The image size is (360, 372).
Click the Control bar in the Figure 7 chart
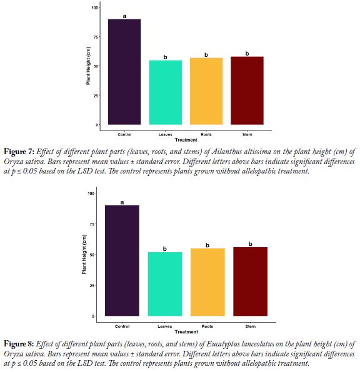(x=124, y=72)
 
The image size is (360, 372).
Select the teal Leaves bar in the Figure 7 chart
(x=166, y=92)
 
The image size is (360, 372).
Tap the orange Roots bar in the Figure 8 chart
(x=207, y=282)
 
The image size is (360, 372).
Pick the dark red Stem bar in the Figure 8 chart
(x=250, y=281)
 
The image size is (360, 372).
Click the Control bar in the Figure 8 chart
(x=122, y=261)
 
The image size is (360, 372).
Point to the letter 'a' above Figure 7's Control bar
(x=124, y=16)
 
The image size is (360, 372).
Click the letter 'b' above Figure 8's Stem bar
(x=250, y=244)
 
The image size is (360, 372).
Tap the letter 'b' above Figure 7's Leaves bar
(x=166, y=57)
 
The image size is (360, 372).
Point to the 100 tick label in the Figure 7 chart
(x=94, y=7)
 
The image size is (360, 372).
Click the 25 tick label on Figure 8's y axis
(x=92, y=285)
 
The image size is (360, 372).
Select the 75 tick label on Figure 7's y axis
(x=95, y=37)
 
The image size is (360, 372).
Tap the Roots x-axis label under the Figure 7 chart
(x=206, y=135)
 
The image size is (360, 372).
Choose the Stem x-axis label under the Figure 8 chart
(x=251, y=326)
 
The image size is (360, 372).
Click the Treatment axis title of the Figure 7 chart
(x=186, y=140)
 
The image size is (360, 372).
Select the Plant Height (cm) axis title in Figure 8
(x=84, y=254)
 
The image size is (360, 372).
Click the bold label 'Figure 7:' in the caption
(x=19, y=152)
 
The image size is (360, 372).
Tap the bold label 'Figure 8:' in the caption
(x=19, y=344)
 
